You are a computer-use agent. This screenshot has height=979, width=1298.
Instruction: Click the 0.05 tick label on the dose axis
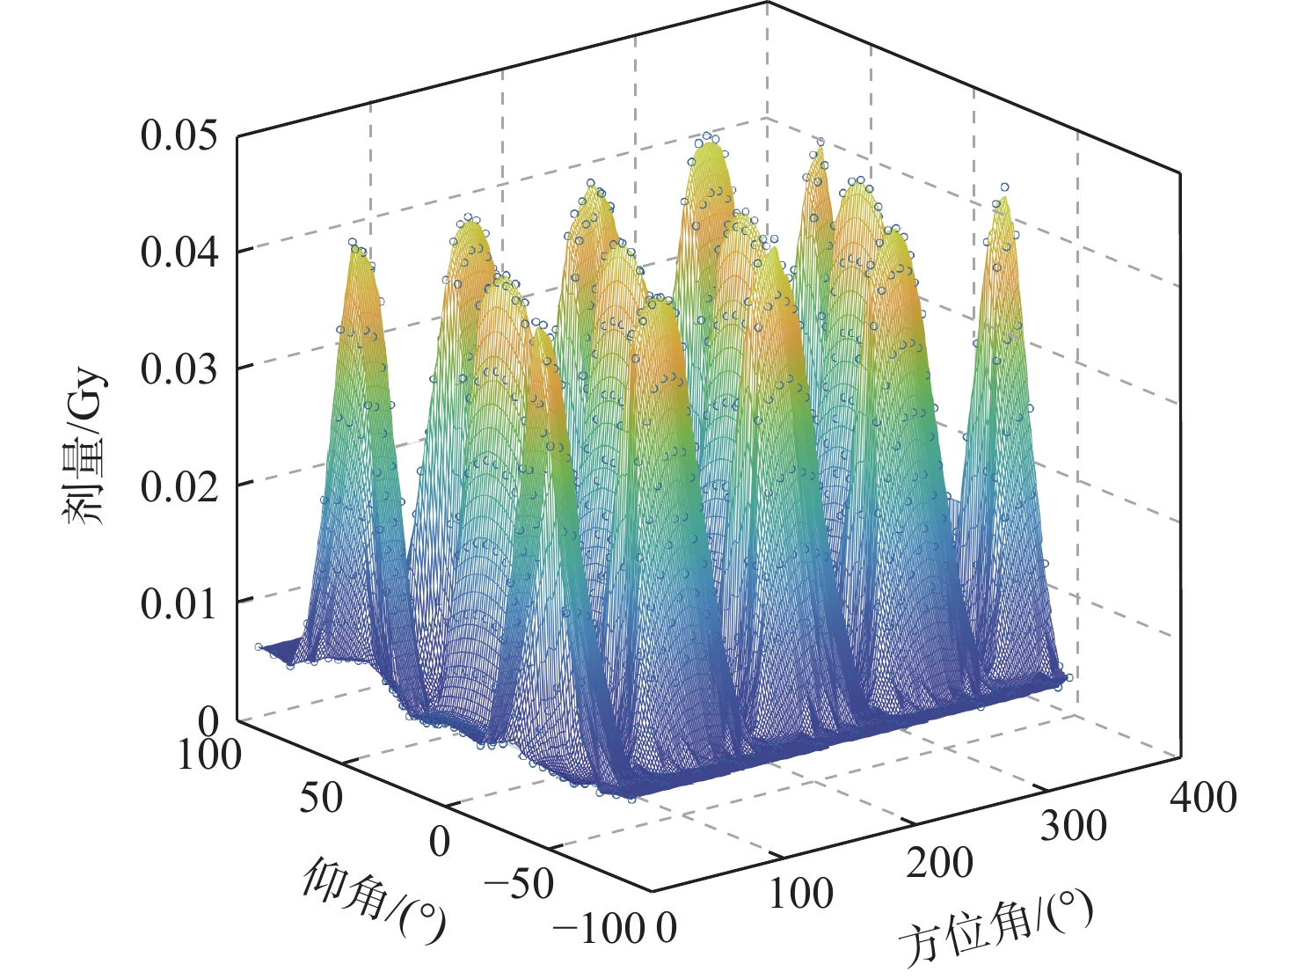click(178, 136)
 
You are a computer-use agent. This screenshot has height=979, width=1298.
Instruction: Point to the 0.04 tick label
click(178, 252)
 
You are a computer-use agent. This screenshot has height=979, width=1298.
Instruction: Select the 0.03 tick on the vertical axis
click(178, 369)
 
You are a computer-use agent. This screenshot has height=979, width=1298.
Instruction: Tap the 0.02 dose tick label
click(178, 486)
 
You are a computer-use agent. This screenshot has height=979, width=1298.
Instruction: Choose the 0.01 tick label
click(178, 603)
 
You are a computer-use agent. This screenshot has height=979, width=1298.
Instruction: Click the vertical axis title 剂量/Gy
click(85, 447)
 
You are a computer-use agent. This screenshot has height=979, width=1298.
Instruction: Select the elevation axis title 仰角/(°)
click(374, 899)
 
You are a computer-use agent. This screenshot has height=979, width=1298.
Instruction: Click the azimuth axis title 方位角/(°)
click(995, 930)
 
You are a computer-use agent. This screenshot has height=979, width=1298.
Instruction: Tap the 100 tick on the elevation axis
click(209, 755)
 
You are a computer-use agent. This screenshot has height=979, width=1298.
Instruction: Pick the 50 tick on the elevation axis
click(320, 798)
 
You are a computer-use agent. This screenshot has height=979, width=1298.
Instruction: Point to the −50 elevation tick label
click(519, 883)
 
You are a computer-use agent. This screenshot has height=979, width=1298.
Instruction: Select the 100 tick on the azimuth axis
click(800, 895)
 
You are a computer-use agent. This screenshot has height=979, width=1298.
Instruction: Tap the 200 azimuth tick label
click(939, 863)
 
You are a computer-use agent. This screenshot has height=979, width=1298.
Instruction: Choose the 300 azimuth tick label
click(1073, 827)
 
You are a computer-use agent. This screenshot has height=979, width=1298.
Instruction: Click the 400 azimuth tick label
click(1203, 796)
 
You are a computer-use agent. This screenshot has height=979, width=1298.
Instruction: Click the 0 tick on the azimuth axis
click(667, 928)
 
